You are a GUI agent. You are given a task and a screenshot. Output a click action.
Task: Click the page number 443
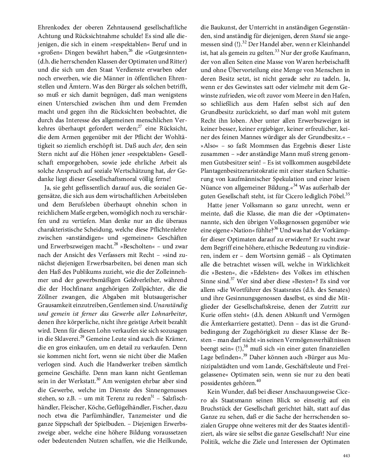click(346, 455)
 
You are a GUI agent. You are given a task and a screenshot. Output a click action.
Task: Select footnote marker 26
click(130, 50)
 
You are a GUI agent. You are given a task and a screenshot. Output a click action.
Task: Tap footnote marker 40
click(258, 379)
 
